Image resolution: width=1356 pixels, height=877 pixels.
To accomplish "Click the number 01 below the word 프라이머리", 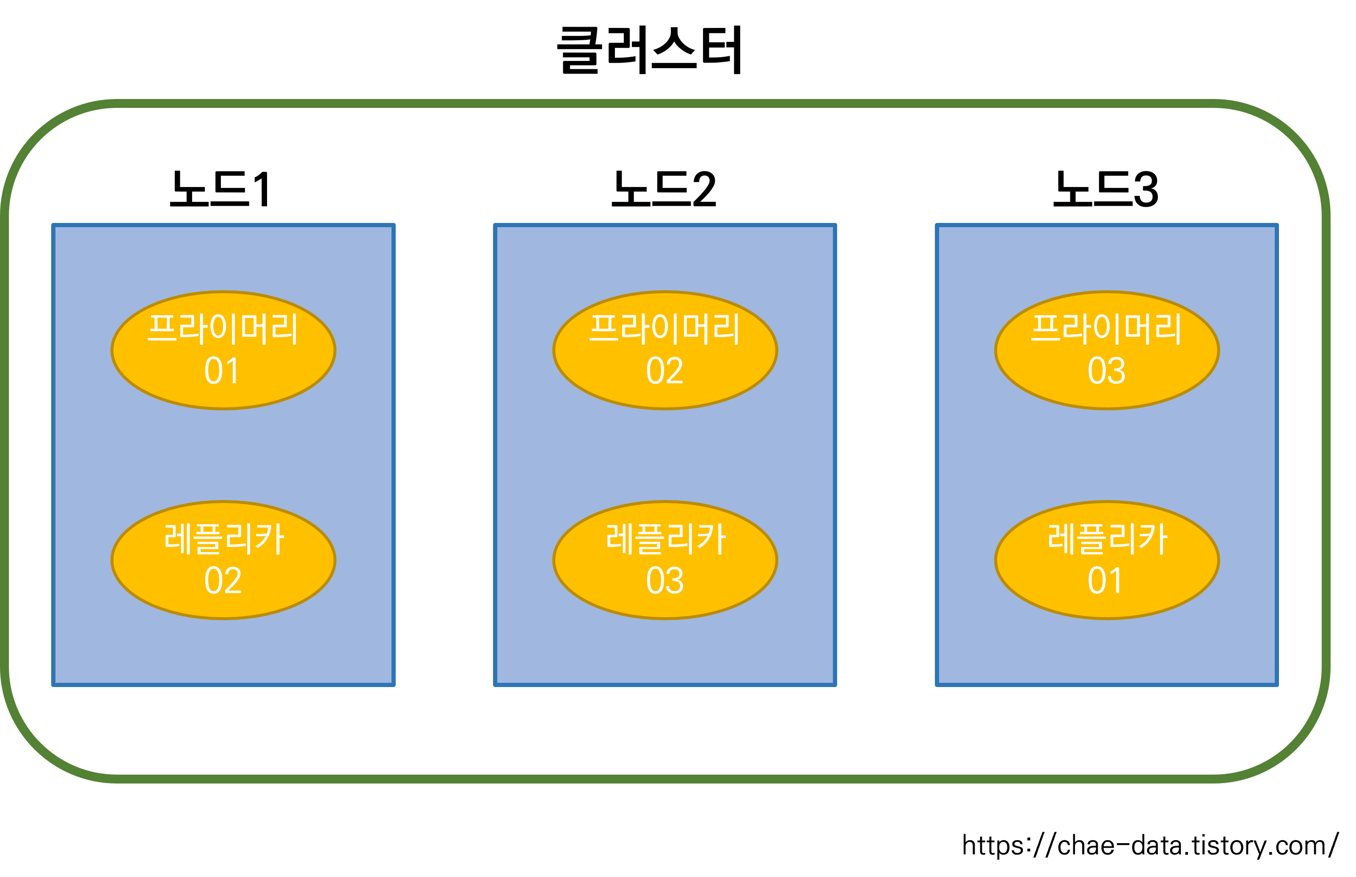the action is [x=222, y=371].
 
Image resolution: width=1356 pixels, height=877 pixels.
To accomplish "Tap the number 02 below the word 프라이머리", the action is [x=664, y=371].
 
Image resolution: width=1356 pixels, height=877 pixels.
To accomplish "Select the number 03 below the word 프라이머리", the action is [x=1106, y=371].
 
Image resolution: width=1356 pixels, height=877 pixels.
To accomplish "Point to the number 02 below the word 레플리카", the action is [x=223, y=581].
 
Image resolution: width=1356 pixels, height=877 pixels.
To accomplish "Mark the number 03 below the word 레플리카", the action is [x=664, y=581].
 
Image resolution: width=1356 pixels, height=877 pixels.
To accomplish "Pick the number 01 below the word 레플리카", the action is [x=1105, y=581].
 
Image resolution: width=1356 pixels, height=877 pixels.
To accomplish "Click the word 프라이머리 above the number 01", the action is [x=223, y=329].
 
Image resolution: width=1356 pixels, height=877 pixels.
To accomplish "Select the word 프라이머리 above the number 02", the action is [x=664, y=329].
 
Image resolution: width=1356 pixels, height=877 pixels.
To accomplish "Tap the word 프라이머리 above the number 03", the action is [x=1106, y=329].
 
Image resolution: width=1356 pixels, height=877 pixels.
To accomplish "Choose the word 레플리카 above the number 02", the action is [x=223, y=539].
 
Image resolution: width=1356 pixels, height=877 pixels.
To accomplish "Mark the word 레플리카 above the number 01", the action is [x=1107, y=539].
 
